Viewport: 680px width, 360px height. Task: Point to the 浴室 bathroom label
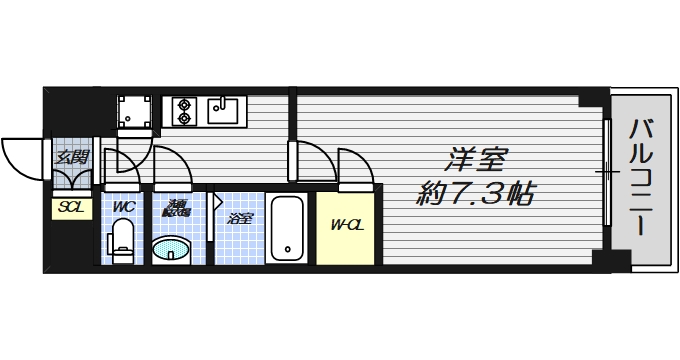[239, 218]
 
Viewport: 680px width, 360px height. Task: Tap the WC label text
[123, 207]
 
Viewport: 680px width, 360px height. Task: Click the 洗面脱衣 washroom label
[176, 208]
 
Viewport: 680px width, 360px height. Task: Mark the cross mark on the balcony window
[606, 173]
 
